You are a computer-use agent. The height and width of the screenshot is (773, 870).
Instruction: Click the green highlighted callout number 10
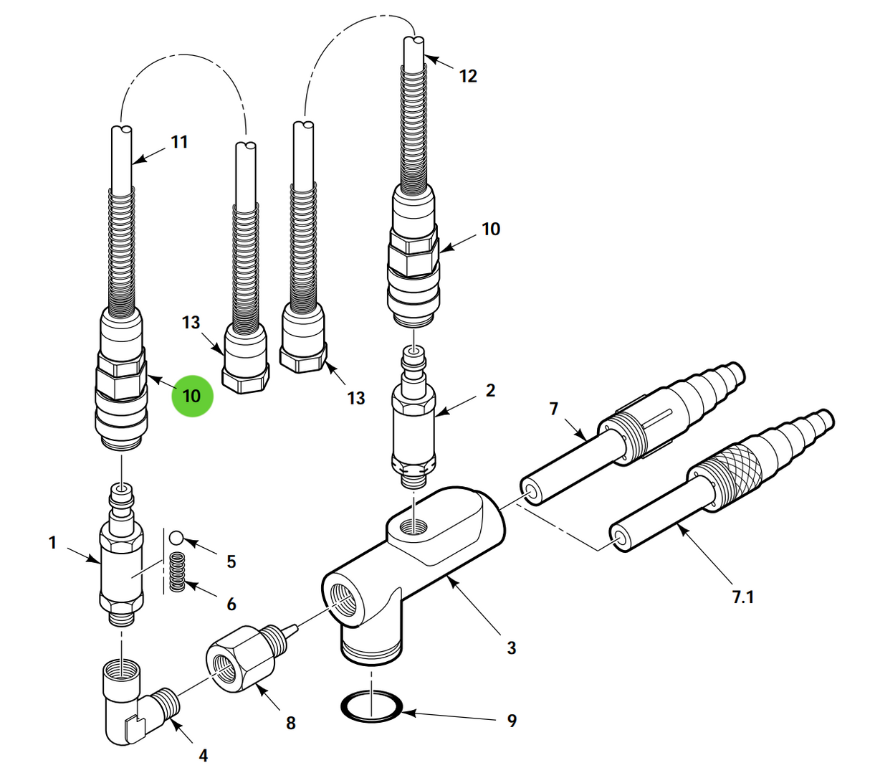point(192,396)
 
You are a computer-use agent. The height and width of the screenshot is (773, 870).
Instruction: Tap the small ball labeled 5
point(176,538)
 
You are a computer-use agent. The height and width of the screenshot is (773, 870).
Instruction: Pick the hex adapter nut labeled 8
point(240,658)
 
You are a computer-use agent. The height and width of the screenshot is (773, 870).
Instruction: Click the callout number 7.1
point(742,596)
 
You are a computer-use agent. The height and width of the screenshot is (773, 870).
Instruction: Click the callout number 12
point(468,76)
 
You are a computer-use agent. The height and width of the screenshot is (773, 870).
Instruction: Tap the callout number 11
point(179,142)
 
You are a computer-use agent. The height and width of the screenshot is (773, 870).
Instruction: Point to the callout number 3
point(511,648)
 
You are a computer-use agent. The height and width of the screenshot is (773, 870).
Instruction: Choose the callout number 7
point(553,409)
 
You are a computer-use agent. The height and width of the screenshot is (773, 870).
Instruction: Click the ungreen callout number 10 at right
point(491,229)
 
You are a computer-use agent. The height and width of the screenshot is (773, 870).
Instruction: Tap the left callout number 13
point(191,323)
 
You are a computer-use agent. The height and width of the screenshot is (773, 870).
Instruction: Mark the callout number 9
point(512,721)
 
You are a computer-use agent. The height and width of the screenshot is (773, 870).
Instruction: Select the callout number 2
point(490,391)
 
